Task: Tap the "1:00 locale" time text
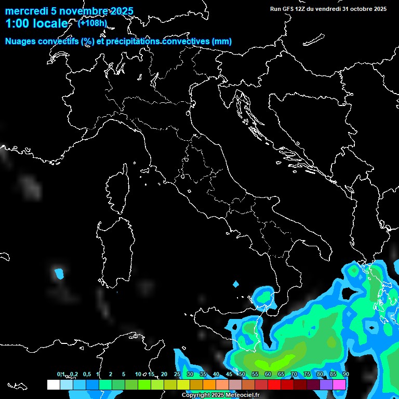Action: (x=36, y=23)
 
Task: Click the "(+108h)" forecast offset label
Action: (x=93, y=23)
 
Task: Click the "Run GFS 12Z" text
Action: (x=291, y=9)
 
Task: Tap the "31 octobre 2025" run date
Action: (x=365, y=9)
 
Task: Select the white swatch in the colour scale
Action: (x=53, y=385)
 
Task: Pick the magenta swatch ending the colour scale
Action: (x=339, y=385)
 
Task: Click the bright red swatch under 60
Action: (x=274, y=385)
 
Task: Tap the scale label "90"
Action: (x=345, y=375)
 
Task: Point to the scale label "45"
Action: (x=229, y=375)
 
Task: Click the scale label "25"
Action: (x=177, y=375)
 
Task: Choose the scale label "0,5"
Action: (x=87, y=375)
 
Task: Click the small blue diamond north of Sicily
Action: (x=236, y=284)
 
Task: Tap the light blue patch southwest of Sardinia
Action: (x=60, y=272)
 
